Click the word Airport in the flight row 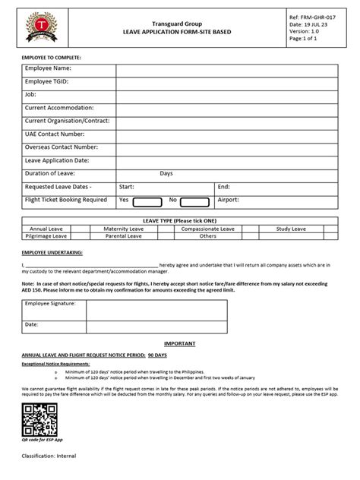click(229, 199)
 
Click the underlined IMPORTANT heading click(179, 343)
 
